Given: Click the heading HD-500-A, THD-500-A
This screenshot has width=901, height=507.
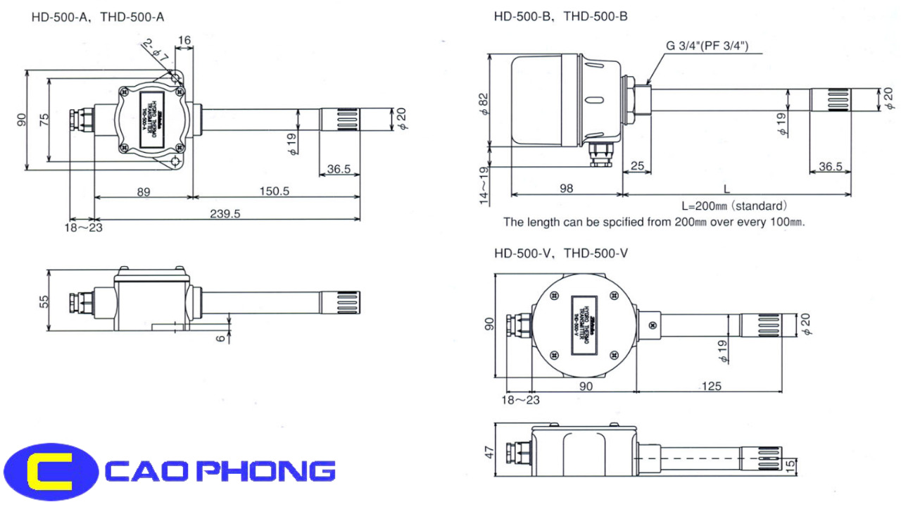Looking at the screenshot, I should click(x=97, y=16).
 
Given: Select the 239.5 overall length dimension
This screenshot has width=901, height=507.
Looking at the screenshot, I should click(x=225, y=214).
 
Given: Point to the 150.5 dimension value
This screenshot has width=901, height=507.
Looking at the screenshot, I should click(x=274, y=192).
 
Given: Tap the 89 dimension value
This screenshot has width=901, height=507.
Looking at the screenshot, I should click(x=143, y=192).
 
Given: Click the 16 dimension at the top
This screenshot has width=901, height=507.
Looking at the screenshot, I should click(x=184, y=42).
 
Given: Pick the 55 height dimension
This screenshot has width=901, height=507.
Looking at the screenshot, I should click(x=44, y=301).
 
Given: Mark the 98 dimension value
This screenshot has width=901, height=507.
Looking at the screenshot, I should click(x=566, y=188).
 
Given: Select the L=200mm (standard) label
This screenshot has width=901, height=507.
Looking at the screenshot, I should click(x=733, y=206).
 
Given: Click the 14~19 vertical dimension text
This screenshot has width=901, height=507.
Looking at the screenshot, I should click(x=485, y=186).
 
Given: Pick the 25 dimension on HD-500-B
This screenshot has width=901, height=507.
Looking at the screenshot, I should click(x=637, y=166).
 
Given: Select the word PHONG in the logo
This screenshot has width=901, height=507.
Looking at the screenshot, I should click(x=271, y=470).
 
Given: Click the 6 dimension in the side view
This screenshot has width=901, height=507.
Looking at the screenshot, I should click(x=222, y=338).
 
